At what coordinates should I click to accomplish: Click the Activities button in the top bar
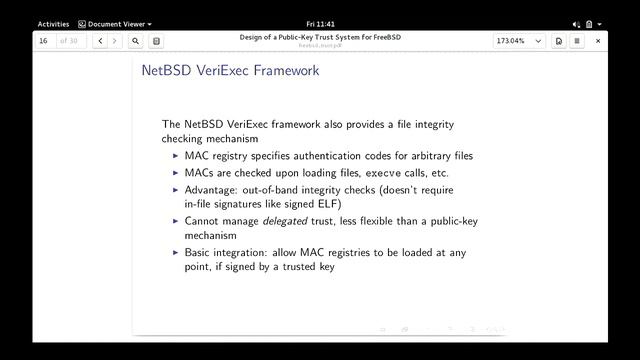53,23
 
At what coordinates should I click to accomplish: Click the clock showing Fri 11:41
319,23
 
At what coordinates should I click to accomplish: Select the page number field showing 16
45,41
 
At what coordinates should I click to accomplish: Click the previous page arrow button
99,41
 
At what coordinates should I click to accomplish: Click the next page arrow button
114,41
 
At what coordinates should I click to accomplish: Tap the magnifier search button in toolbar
135,41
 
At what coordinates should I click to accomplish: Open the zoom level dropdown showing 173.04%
519,41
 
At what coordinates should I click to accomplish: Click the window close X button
598,41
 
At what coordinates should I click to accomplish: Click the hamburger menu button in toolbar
577,41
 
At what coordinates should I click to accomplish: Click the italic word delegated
285,220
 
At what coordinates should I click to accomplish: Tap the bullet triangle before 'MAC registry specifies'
176,156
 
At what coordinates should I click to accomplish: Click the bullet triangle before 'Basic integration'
176,253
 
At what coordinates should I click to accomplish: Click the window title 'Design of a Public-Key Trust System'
319,37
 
